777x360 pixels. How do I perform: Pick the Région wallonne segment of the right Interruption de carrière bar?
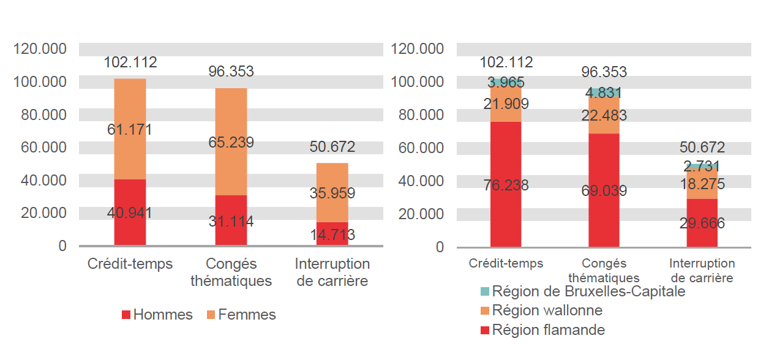tap(702, 185)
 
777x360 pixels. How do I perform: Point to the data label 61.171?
tap(130, 130)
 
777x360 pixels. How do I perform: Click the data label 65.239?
tap(231, 143)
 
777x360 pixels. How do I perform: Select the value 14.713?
tap(332, 234)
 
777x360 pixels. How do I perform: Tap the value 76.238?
tap(505, 185)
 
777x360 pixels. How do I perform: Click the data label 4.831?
tap(604, 93)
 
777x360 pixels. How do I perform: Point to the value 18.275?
tap(702, 184)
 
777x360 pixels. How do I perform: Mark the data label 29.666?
tap(702, 223)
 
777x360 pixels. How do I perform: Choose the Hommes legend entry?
tap(157, 315)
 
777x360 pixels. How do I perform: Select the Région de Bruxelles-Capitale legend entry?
tap(582, 291)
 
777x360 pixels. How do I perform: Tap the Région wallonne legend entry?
tap(541, 310)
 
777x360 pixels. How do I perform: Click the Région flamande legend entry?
tap(542, 330)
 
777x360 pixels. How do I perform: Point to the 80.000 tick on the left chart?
tap(39, 114)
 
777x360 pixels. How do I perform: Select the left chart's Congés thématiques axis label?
tap(231, 272)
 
